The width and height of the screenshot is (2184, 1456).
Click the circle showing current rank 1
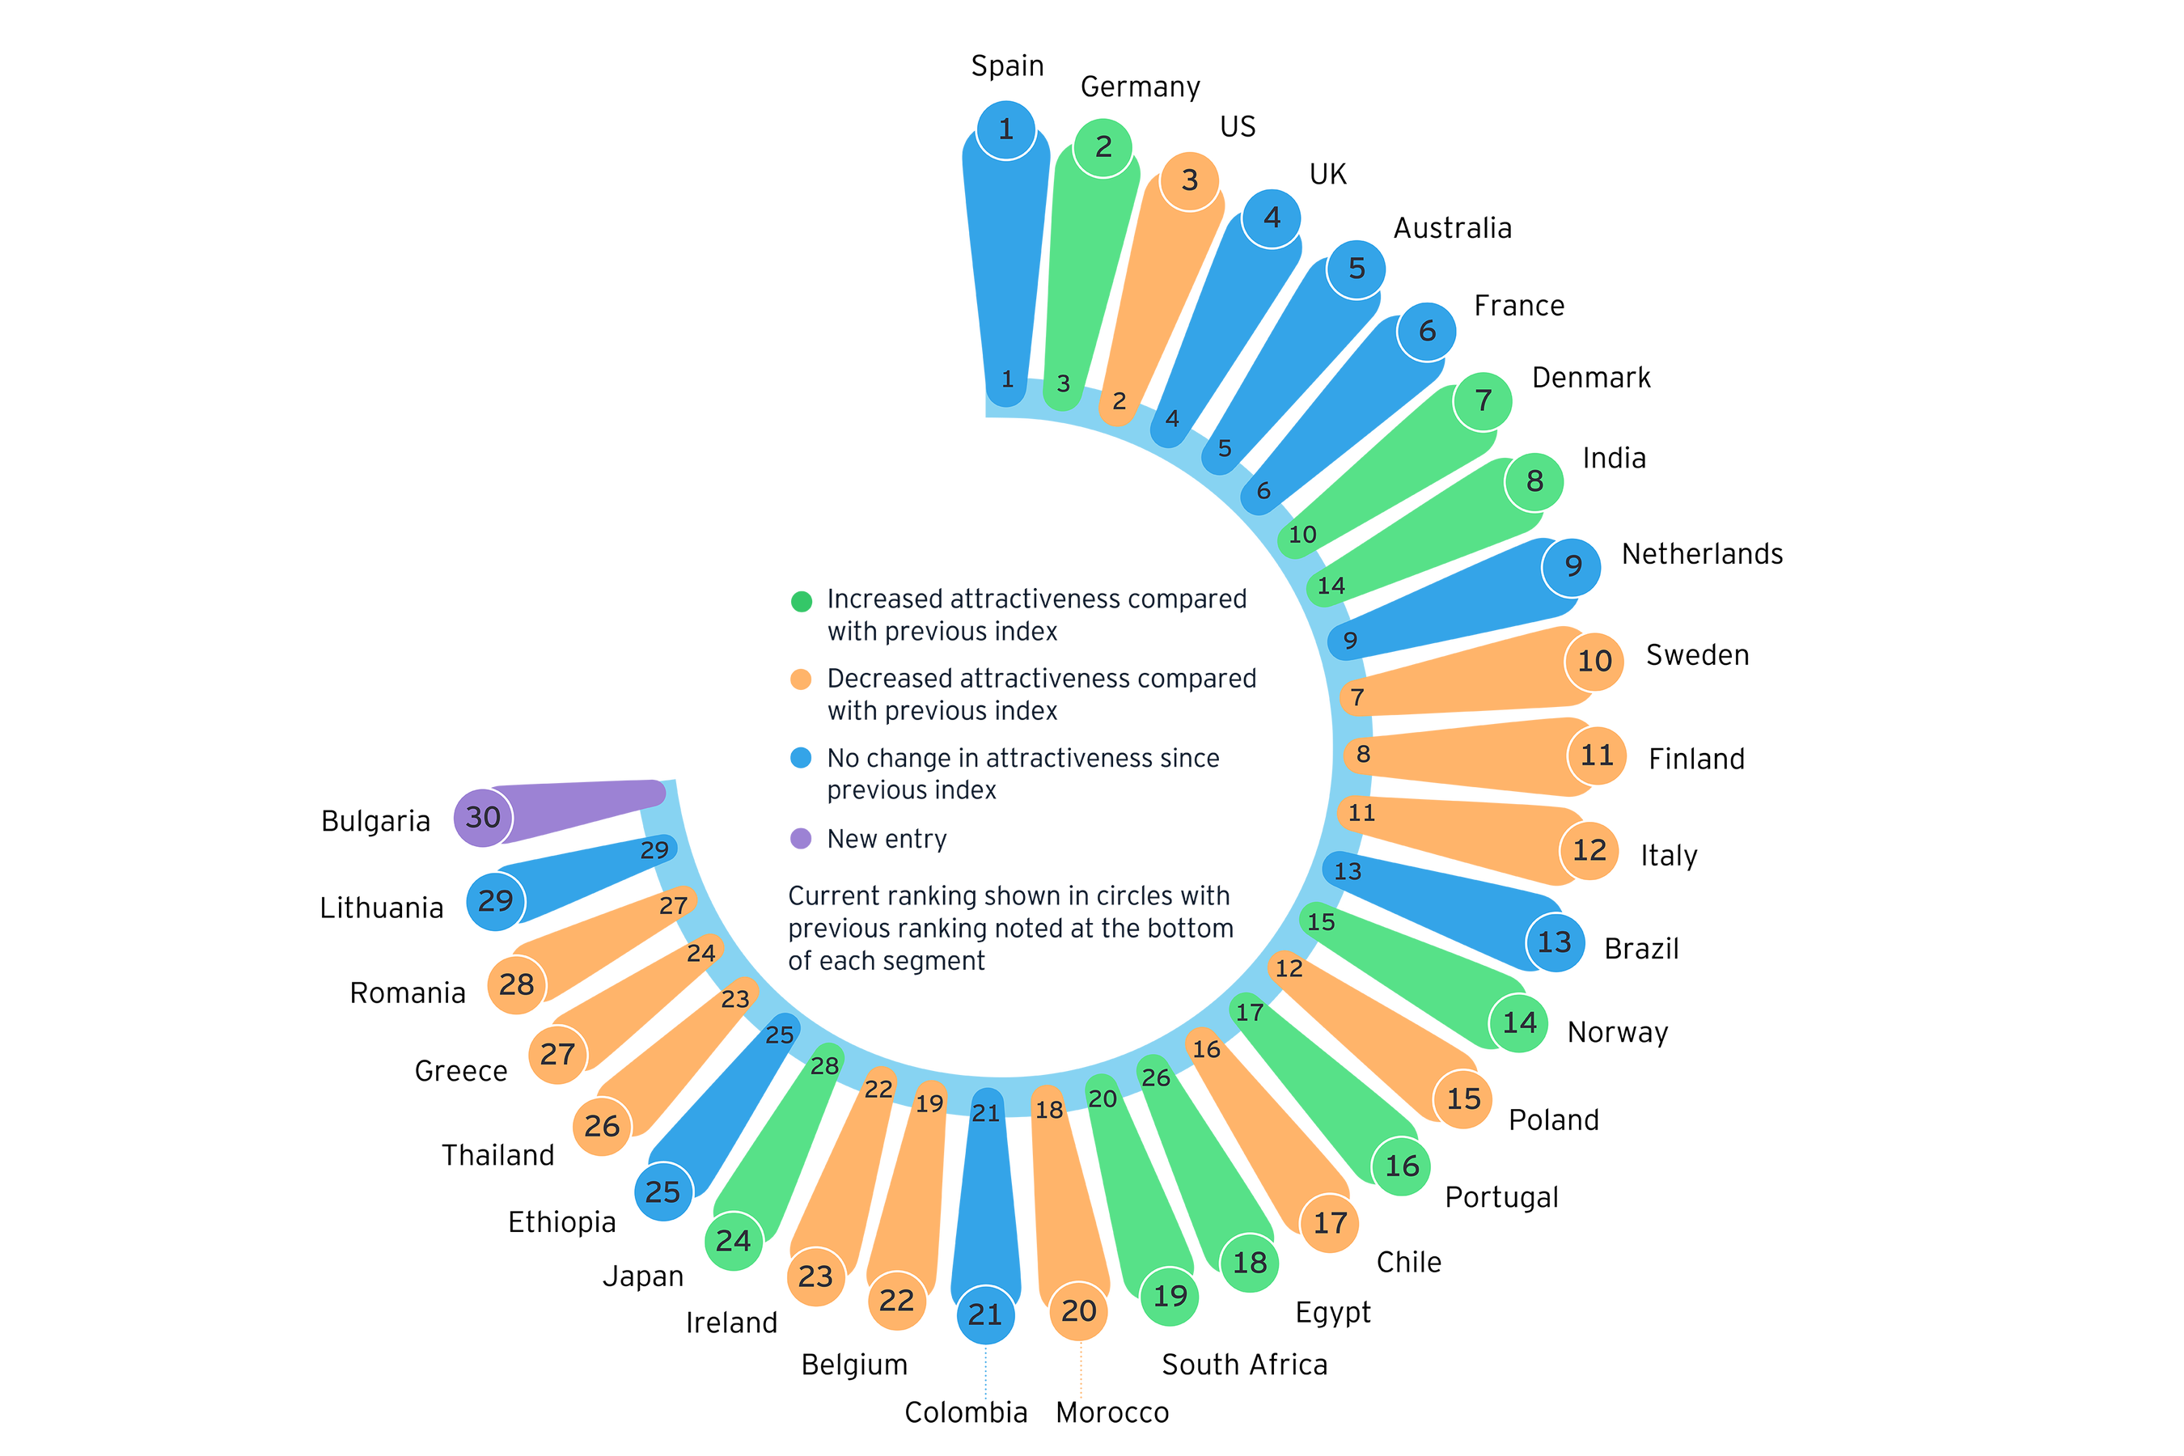(x=1005, y=129)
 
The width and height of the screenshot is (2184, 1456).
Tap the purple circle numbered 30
(x=483, y=817)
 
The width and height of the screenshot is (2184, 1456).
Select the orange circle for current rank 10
(x=1594, y=661)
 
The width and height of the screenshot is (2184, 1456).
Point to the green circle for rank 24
(x=734, y=1241)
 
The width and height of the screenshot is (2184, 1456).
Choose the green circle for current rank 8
(x=1535, y=481)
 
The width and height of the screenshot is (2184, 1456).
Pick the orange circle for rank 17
(x=1331, y=1223)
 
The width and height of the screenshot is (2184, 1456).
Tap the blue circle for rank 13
(x=1555, y=942)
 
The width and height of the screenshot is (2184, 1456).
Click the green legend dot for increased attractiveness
(x=802, y=601)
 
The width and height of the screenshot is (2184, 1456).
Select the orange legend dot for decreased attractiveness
(x=802, y=679)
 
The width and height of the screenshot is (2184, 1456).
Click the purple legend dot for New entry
(x=802, y=839)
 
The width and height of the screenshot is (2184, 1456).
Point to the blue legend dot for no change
(x=802, y=759)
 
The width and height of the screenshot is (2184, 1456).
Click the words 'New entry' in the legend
(x=887, y=840)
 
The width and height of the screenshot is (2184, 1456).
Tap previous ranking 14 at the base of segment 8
(x=1331, y=586)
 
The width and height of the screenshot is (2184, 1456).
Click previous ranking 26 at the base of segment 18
(x=1156, y=1078)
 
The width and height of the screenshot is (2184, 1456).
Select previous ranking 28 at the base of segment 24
(x=824, y=1066)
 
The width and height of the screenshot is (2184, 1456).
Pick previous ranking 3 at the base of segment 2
(x=1063, y=383)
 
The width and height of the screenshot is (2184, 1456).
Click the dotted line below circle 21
(x=986, y=1375)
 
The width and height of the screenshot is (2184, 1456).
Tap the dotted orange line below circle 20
(x=1081, y=1373)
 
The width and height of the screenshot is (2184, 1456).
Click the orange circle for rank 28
(x=516, y=984)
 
